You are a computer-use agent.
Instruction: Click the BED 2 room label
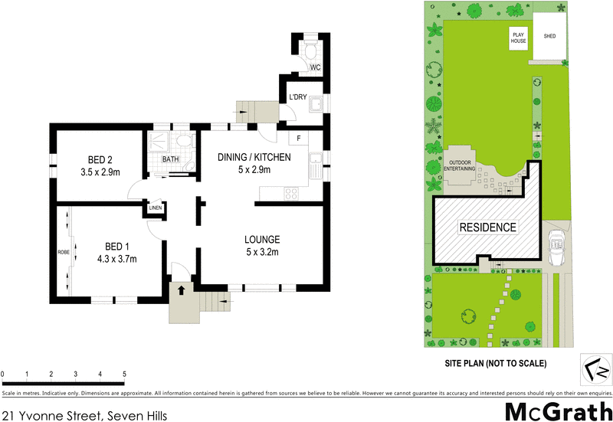tap(100, 160)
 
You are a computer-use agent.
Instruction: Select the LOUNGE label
tap(261, 238)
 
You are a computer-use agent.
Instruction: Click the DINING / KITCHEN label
tap(255, 157)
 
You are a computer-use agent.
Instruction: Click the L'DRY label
tap(298, 97)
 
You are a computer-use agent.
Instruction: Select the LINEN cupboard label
tap(156, 208)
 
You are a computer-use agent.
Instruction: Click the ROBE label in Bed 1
tap(63, 251)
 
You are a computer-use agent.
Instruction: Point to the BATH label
tap(170, 159)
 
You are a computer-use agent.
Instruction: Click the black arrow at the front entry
tap(181, 290)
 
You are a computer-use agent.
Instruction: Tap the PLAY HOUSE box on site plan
tap(520, 38)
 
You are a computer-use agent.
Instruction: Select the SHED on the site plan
tap(550, 37)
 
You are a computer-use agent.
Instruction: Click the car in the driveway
tap(556, 244)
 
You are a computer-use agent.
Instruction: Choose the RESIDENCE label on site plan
tap(487, 227)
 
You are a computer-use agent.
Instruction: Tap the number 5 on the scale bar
tap(124, 373)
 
